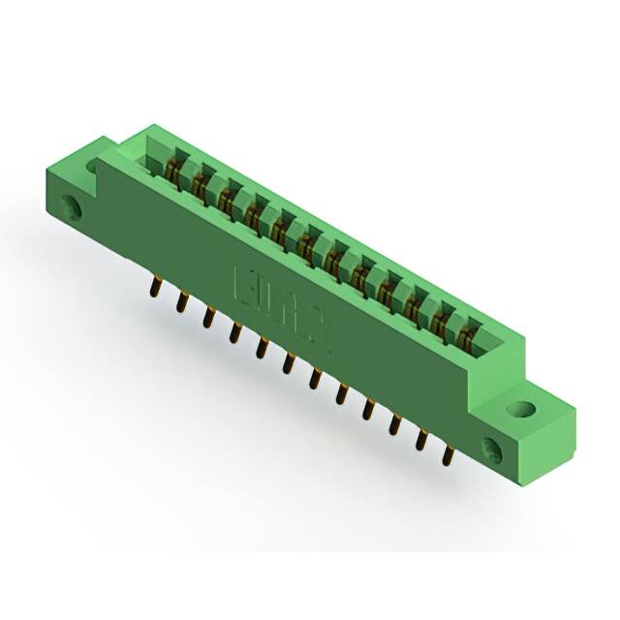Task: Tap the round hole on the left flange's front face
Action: pos(71,207)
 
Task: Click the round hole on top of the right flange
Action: pos(524,409)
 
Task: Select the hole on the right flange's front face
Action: pos(492,448)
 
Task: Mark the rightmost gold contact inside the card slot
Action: pos(468,337)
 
